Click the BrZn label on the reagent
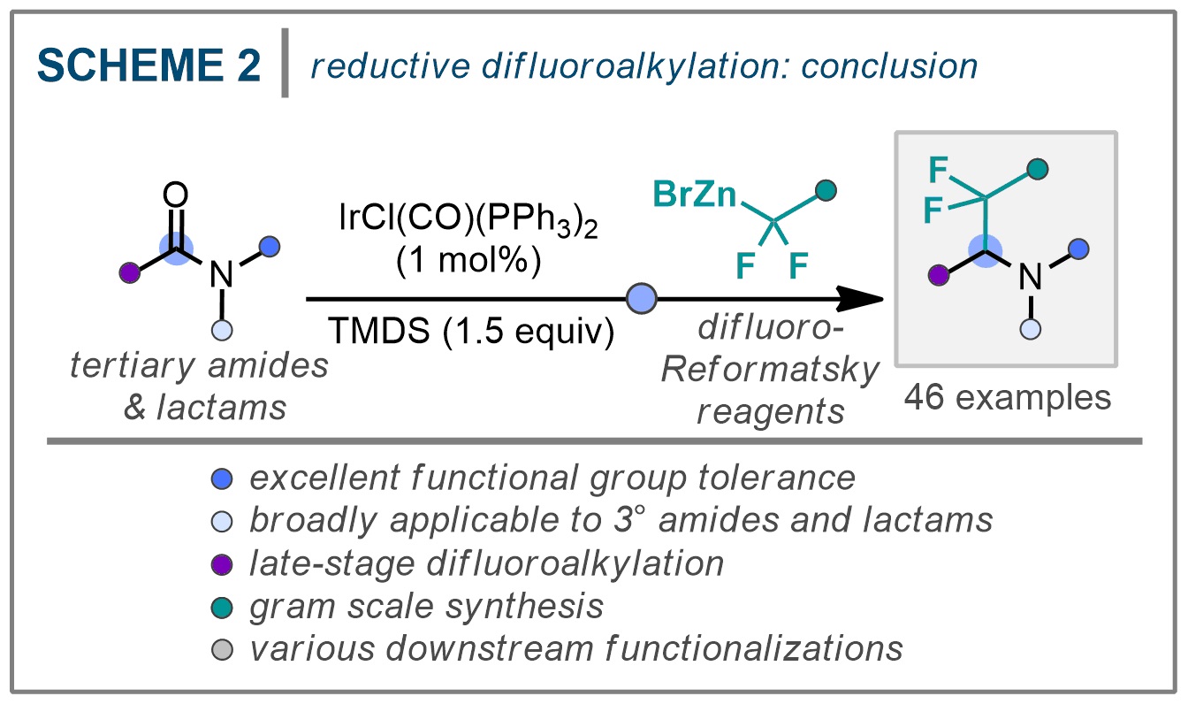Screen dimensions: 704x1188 (x=696, y=194)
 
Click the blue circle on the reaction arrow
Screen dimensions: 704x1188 (x=640, y=300)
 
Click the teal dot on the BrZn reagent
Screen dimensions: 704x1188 (x=826, y=190)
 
